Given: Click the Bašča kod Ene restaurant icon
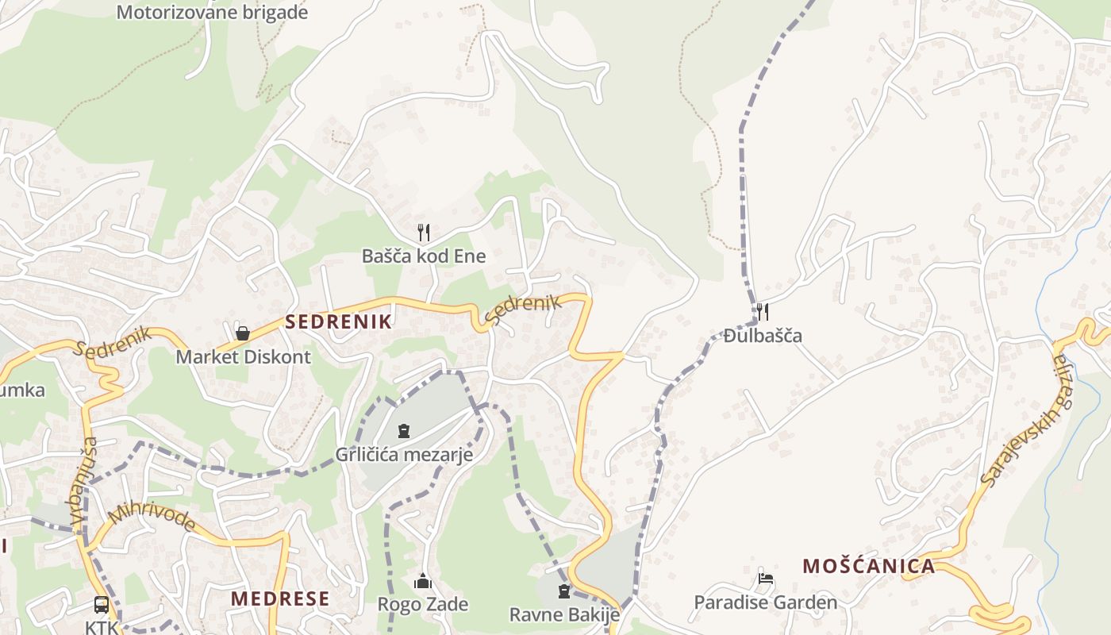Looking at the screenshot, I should (x=424, y=232).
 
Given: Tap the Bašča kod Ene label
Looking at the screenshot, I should (x=424, y=256).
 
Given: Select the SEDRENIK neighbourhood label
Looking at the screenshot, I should (x=339, y=321).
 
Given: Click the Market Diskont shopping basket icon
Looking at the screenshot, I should (x=243, y=333).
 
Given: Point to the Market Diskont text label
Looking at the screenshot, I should (x=243, y=356).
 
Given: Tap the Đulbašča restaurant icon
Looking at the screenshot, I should (x=762, y=311).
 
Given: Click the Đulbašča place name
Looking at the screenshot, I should (x=763, y=336).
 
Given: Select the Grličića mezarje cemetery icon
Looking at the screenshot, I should (x=404, y=431).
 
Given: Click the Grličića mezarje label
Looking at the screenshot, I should (x=404, y=455).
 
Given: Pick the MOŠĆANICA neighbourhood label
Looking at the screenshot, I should (x=868, y=566).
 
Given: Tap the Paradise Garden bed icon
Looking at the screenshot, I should (x=766, y=579).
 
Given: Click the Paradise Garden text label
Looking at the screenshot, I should (x=765, y=602).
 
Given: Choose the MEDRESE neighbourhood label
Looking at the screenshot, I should (x=280, y=598).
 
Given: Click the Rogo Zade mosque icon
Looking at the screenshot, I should (x=423, y=581).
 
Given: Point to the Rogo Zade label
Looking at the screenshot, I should (x=423, y=605).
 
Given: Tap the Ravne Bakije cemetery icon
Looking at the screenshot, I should (x=564, y=591).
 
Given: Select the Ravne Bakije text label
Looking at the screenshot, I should (x=564, y=614).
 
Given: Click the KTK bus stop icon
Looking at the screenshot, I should (x=102, y=605).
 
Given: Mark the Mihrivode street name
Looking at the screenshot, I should (x=152, y=517).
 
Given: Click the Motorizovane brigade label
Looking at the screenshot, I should (x=212, y=13).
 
